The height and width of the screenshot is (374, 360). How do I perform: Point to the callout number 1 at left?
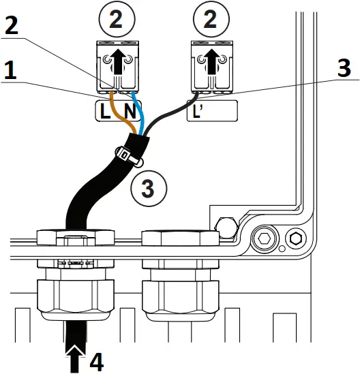pos(12,72)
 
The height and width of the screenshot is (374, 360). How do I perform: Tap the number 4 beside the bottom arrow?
pos(96,360)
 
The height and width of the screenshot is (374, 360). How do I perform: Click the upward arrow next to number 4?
pos(72,356)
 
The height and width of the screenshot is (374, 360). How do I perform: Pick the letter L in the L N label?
pos(105,110)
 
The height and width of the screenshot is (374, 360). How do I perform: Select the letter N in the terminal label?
pos(127,110)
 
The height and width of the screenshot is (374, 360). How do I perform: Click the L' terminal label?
pos(198,110)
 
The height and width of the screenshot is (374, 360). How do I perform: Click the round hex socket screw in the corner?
pos(264,240)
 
